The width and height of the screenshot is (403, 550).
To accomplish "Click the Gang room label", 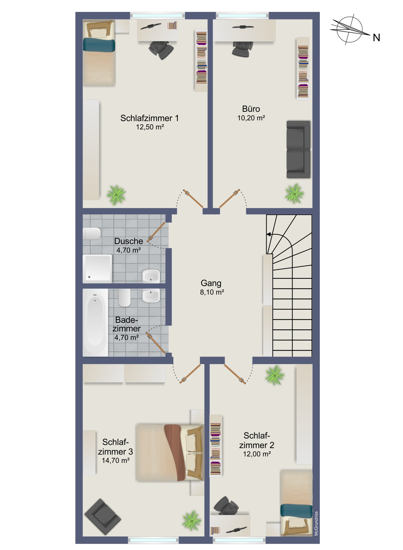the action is pos(211,283).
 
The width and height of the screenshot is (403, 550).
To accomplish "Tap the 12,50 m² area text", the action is pos(150,127).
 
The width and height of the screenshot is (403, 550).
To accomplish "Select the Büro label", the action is pos(251,109).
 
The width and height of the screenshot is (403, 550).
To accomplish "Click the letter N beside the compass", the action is pos(376,38).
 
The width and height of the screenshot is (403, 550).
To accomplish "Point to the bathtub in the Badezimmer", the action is pos(95,323).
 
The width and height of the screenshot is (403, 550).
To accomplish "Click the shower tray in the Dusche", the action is pos(97,269).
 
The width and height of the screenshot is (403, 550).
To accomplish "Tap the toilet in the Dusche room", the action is pos(92,234).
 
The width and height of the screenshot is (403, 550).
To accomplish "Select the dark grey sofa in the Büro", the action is pos(298,149).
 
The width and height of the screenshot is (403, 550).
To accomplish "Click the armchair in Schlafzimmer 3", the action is pos(103,517).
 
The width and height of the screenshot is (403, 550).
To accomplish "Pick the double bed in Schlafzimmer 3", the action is pos(170,452).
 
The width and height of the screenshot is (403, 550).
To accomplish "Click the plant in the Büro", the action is pos(294,194).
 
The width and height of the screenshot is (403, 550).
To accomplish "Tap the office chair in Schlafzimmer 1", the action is pos(161,50).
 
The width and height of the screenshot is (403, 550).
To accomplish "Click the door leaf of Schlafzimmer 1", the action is pos(193,199).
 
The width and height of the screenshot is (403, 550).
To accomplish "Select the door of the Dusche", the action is pos(156,232).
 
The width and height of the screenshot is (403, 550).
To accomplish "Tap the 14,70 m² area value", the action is pos(116,461).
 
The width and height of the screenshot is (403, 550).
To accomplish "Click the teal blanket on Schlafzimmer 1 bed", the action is pos(99,45).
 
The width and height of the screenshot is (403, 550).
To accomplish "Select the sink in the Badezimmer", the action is pos(151,296).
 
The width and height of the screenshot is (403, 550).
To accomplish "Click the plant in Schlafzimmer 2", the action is pos(275,375).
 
